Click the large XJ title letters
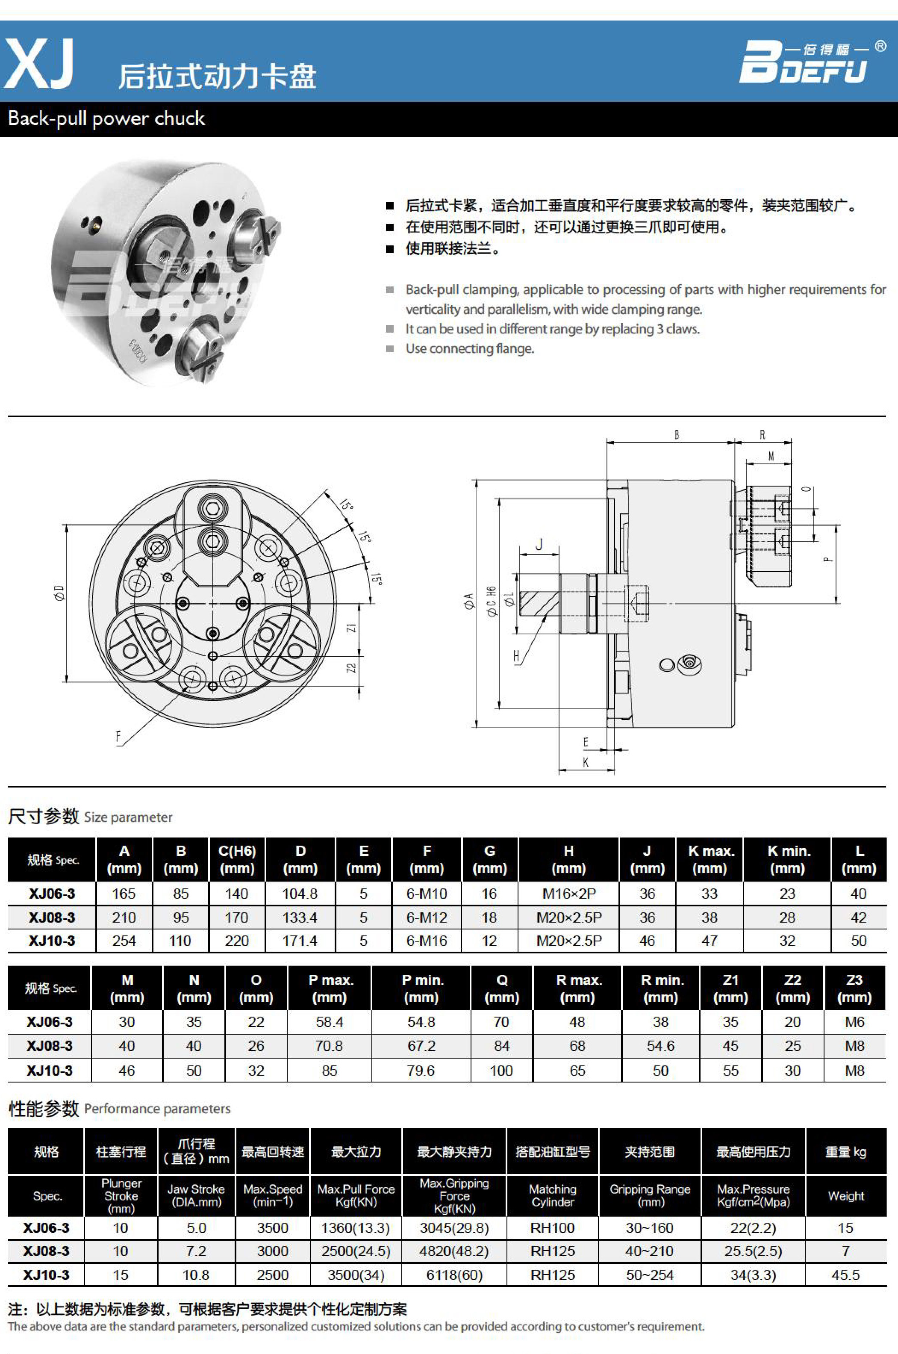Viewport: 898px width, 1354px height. pyautogui.click(x=39, y=64)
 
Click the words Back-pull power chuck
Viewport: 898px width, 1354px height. pyautogui.click(x=106, y=118)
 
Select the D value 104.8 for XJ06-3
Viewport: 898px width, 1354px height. pyautogui.click(x=300, y=894)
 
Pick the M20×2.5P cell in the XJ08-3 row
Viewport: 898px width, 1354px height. pyautogui.click(x=569, y=917)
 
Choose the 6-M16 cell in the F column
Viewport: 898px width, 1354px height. pyautogui.click(x=427, y=941)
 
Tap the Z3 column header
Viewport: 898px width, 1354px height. pyautogui.click(x=854, y=988)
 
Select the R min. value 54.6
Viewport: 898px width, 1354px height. pyautogui.click(x=660, y=1046)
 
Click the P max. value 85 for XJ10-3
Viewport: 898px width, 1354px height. pyautogui.click(x=329, y=1071)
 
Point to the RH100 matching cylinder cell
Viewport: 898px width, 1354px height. pyautogui.click(x=552, y=1228)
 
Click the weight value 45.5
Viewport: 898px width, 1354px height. pyautogui.click(x=845, y=1275)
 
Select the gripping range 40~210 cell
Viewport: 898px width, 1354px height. pyautogui.click(x=649, y=1251)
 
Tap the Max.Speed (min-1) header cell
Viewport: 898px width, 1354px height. pyautogui.click(x=273, y=1195)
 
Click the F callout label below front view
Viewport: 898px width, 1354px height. pyautogui.click(x=118, y=737)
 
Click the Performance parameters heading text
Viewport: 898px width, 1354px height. pyautogui.click(x=157, y=1109)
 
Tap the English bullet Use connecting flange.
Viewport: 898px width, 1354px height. pyautogui.click(x=470, y=348)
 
